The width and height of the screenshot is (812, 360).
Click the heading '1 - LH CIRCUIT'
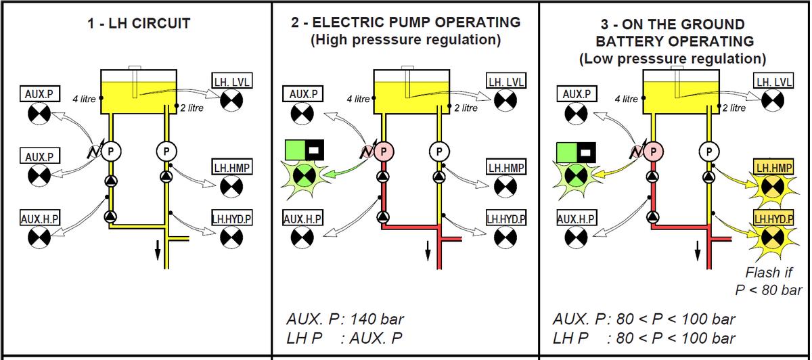140,24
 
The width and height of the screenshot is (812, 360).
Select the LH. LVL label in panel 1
232,81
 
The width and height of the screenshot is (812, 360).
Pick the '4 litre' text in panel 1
84,99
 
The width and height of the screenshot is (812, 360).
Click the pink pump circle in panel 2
384,151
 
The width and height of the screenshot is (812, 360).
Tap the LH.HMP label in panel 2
506,167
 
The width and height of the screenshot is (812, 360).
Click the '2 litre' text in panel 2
466,108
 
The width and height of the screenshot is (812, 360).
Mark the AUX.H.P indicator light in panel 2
302,237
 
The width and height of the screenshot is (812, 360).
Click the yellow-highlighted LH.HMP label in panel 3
773,166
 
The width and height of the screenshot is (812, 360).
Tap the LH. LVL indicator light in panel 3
773,100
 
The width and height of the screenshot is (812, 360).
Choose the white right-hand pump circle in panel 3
709,151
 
